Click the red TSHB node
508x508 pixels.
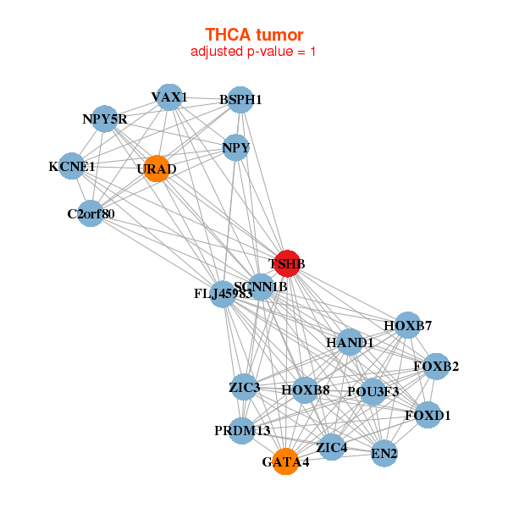[287, 263]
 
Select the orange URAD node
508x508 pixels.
[157, 168]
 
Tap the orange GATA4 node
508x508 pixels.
[286, 461]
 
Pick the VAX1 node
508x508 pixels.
[169, 97]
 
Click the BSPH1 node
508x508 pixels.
[240, 99]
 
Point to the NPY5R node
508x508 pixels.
[104, 119]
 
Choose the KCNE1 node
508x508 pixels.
[72, 166]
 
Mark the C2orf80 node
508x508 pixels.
[91, 213]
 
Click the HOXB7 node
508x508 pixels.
[407, 325]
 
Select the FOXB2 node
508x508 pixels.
[436, 366]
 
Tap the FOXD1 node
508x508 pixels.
[428, 415]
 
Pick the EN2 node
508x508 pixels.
[384, 453]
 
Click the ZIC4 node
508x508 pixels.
[332, 446]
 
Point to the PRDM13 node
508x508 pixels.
[242, 431]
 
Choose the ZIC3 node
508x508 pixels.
[244, 388]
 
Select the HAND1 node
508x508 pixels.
[350, 342]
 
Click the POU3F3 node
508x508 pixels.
[373, 392]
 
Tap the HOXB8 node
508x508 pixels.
[305, 390]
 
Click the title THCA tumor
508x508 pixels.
[254, 35]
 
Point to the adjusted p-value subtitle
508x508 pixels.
[254, 52]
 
